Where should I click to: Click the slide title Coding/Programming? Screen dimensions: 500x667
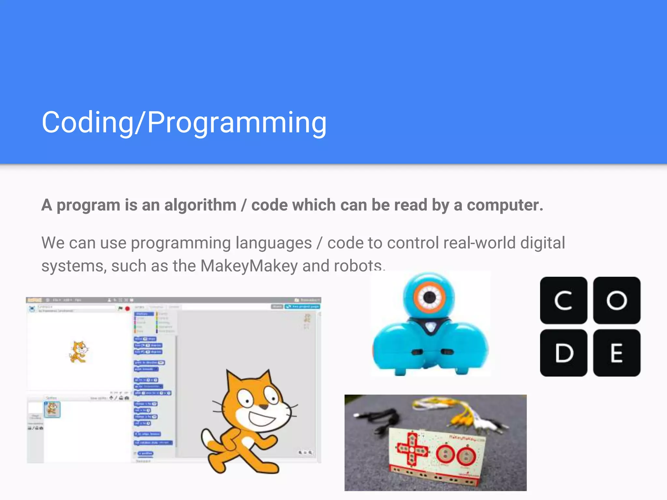point(184,122)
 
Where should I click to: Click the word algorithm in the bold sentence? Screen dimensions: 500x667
point(200,205)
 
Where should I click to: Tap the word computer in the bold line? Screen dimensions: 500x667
point(504,205)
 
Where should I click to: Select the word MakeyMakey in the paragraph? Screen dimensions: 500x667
point(249,266)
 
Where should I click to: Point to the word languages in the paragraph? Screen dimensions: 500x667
point(274,243)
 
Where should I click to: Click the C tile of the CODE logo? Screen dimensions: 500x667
point(563,300)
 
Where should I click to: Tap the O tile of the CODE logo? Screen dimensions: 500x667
point(617,300)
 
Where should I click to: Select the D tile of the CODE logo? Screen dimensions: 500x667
point(563,353)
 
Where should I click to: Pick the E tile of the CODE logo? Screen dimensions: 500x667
point(617,353)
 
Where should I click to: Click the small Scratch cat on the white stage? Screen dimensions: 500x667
point(78,352)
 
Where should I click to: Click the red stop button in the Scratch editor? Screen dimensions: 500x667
point(127,308)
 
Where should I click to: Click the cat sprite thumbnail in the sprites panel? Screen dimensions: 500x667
point(52,409)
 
